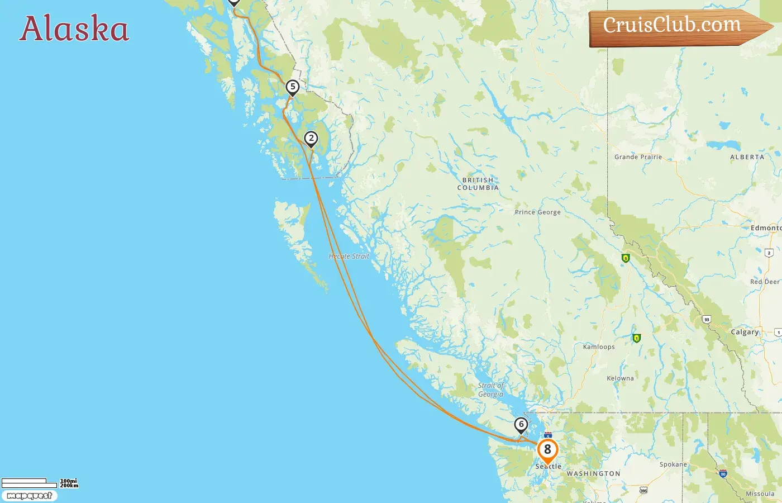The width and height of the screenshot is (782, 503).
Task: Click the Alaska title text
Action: tap(74, 29)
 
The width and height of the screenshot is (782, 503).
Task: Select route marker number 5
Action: tap(292, 87)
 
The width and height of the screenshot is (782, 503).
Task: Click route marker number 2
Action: tap(311, 139)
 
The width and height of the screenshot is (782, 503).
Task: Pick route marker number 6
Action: tap(521, 425)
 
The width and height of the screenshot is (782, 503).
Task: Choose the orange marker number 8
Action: tap(547, 449)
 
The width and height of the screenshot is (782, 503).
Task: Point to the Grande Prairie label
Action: tap(638, 157)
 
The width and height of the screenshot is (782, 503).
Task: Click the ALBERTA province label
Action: tap(747, 157)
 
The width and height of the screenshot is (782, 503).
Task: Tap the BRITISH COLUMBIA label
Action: tap(478, 184)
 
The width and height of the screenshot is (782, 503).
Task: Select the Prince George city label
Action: tap(537, 212)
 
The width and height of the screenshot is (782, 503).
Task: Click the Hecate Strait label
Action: tap(349, 257)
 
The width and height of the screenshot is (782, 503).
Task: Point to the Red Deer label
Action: tap(765, 282)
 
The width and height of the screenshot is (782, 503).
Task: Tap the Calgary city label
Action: tap(745, 332)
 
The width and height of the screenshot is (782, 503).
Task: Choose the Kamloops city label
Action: tap(599, 347)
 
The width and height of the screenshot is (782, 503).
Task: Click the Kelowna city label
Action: tap(620, 378)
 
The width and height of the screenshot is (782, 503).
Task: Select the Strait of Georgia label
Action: tap(490, 390)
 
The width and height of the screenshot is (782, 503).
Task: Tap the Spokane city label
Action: tap(673, 464)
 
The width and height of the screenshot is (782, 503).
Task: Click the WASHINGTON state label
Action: tap(593, 473)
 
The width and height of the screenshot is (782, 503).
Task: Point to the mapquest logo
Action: tap(29, 496)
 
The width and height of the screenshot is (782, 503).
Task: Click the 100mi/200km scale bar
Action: tap(39, 483)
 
